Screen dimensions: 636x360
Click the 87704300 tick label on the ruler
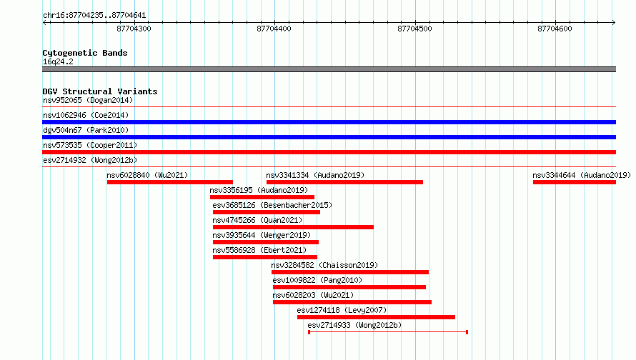click(134, 29)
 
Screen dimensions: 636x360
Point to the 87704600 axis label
click(555, 29)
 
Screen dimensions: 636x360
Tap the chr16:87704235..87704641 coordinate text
click(94, 16)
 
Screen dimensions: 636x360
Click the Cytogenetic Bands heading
click(85, 53)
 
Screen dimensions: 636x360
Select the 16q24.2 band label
click(58, 61)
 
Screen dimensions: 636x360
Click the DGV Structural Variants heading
click(100, 91)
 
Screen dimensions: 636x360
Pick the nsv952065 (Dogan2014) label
click(88, 100)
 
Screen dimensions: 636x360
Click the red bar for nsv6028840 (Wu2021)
click(170, 182)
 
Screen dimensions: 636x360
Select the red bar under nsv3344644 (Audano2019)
click(575, 182)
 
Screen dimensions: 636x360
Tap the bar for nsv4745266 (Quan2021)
click(293, 227)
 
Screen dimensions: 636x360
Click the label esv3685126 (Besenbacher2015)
click(272, 205)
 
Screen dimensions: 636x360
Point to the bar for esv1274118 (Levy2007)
click(376, 317)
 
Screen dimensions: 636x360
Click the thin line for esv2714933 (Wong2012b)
click(388, 332)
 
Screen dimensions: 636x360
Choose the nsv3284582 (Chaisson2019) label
click(324, 265)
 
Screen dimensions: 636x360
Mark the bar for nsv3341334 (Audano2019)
click(344, 182)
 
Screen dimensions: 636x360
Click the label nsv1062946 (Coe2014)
click(86, 115)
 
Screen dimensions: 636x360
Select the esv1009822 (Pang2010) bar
click(349, 287)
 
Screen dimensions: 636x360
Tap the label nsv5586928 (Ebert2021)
click(259, 250)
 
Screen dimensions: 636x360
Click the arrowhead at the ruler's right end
click(614, 22)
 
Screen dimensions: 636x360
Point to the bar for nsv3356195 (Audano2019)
click(262, 197)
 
